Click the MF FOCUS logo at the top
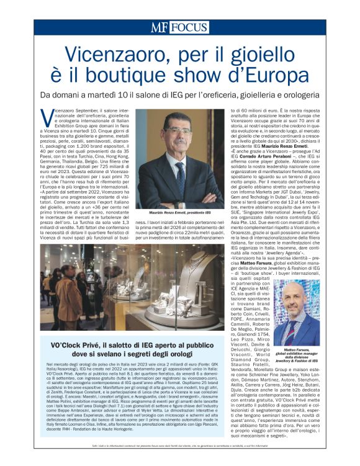coord(179,28)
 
